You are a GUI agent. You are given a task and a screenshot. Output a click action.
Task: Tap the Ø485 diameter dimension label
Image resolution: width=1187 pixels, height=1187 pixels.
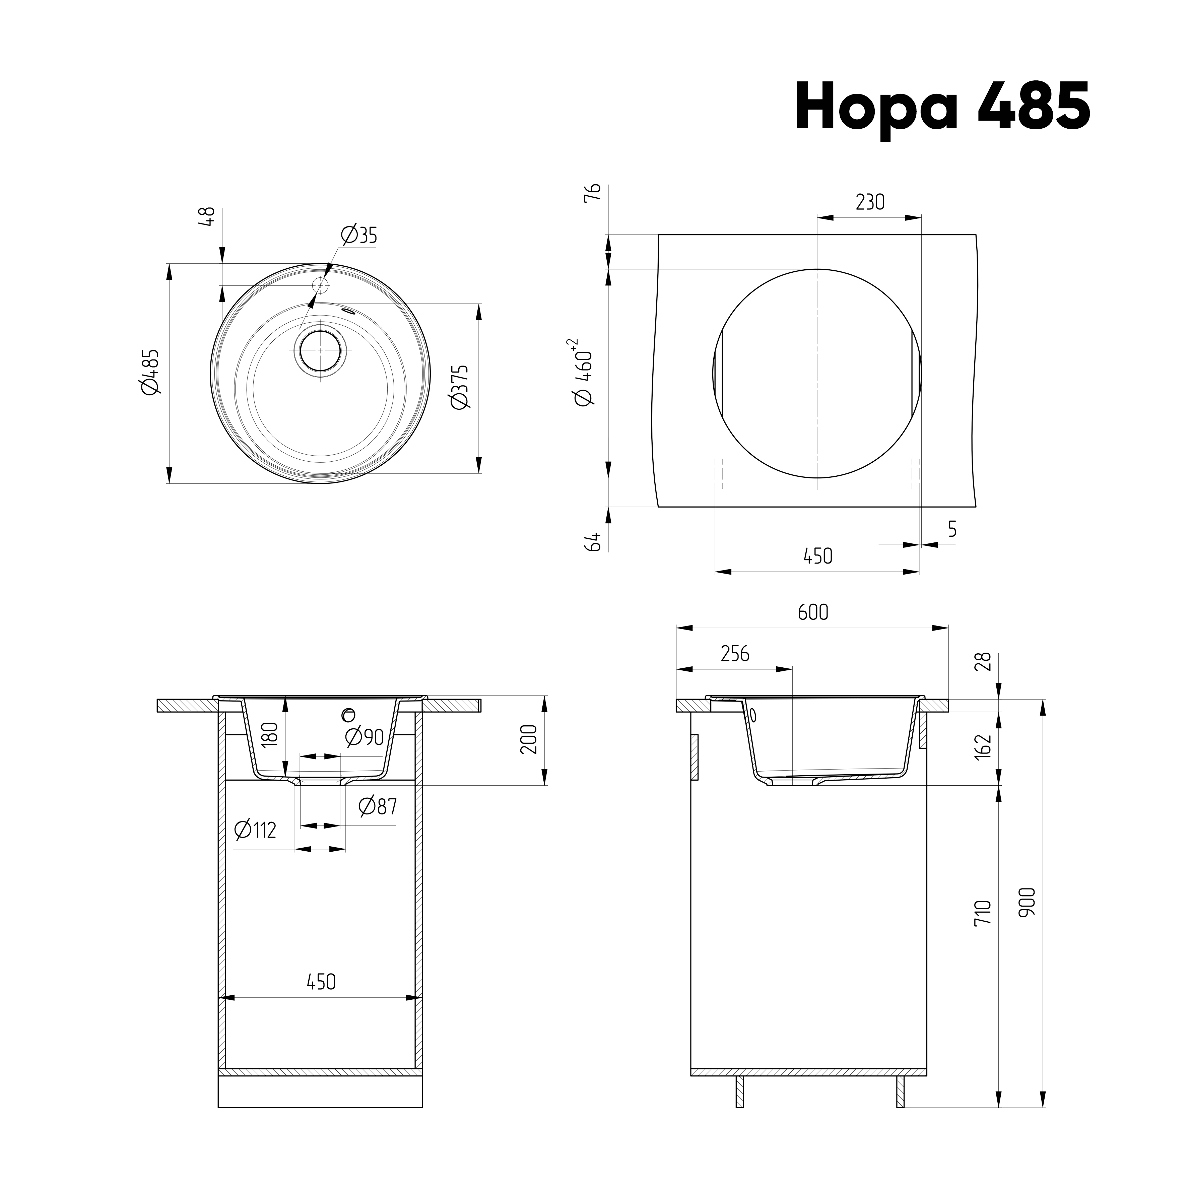(x=150, y=372)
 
